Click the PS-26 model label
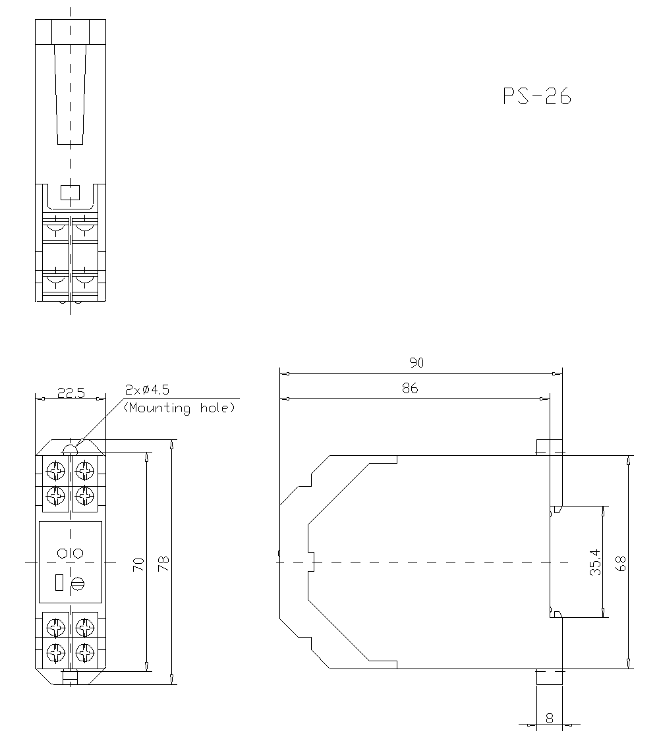[536, 96]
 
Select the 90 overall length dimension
[416, 362]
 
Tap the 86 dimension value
[410, 389]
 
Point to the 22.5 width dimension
[71, 393]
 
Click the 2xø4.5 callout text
[146, 390]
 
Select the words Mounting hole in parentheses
[179, 408]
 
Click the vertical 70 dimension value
[138, 564]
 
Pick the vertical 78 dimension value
[163, 563]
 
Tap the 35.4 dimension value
[595, 564]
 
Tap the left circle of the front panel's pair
[63, 553]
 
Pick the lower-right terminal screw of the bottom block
[84, 653]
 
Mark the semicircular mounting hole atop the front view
[71, 450]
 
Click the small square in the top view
[69, 192]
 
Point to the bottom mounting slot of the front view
[70, 676]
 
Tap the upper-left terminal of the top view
[56, 229]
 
